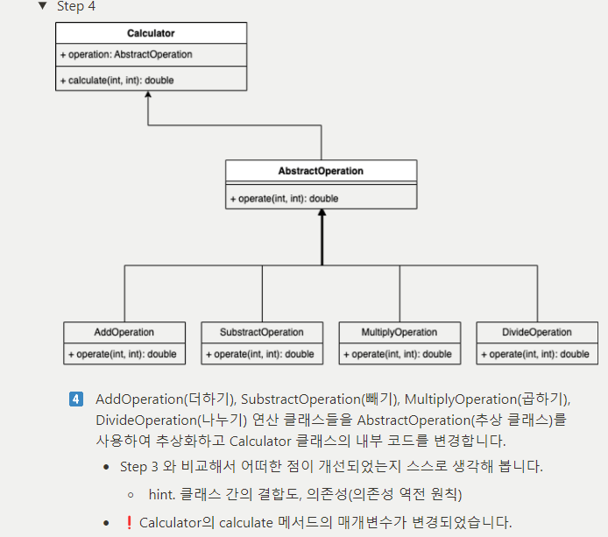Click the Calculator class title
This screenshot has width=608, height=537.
click(151, 33)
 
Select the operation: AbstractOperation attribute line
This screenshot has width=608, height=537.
click(126, 54)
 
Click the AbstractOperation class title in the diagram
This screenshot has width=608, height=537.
click(321, 171)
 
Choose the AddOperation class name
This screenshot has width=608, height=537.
click(124, 333)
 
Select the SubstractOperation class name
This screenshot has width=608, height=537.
click(262, 333)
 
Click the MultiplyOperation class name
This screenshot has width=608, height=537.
click(399, 333)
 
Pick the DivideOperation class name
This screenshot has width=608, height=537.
click(537, 333)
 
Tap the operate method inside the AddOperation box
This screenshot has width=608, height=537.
click(124, 354)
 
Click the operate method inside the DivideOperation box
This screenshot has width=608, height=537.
click(537, 354)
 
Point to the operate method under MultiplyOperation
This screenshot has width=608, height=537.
click(399, 354)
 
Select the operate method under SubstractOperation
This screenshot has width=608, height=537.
click(262, 354)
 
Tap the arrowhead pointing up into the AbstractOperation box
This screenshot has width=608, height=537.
click(322, 214)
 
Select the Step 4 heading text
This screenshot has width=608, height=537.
click(76, 6)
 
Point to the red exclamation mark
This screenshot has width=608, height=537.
click(129, 522)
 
